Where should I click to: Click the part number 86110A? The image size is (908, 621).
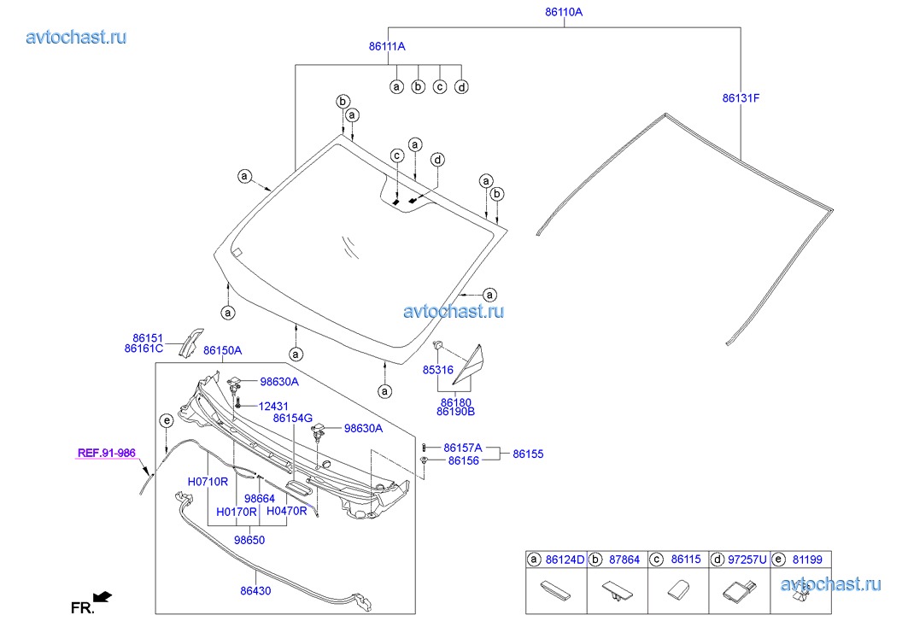click(x=564, y=13)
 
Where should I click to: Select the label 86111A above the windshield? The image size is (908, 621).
click(x=387, y=47)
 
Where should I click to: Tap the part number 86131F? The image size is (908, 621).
click(x=741, y=98)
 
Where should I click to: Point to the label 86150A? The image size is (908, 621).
click(x=222, y=350)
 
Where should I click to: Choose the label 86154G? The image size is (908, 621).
click(x=293, y=419)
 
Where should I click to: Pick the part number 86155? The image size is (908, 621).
click(x=528, y=454)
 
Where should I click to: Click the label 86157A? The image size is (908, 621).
click(x=463, y=448)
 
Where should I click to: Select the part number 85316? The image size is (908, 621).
click(x=437, y=371)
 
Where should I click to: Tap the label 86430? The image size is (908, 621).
click(x=257, y=589)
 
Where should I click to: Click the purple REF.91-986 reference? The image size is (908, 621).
click(x=107, y=454)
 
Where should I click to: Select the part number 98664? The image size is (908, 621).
click(x=259, y=498)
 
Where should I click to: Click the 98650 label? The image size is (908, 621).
click(x=249, y=541)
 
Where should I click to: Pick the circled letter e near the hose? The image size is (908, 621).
click(x=167, y=420)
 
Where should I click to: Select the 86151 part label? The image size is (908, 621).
click(x=147, y=337)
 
